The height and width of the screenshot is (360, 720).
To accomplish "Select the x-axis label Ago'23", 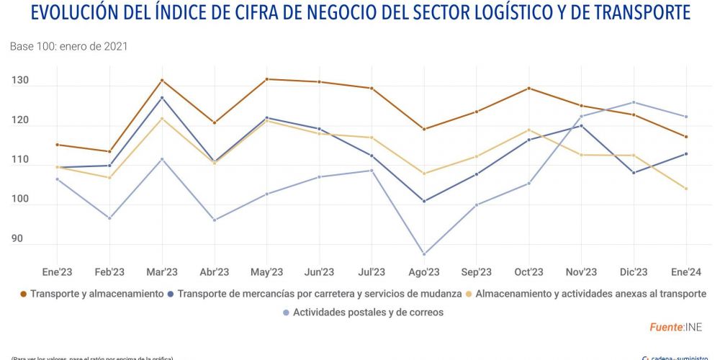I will pos(424,272).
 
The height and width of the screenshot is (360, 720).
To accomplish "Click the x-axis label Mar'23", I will pos(162,272).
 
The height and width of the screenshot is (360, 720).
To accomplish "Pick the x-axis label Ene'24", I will pos(686,272).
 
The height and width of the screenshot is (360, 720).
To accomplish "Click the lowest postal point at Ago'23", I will pos(424,254).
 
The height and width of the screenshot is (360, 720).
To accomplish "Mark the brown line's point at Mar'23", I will pos(162,80).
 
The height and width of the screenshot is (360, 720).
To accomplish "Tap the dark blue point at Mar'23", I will pos(162,98).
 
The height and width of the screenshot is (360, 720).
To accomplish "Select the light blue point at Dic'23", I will pos(634,102).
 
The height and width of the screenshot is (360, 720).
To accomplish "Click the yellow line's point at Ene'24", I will pos(686,189).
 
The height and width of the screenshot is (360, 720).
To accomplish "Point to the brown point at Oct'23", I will pos(529,89).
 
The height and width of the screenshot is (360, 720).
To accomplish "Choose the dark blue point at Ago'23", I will pos(424,201).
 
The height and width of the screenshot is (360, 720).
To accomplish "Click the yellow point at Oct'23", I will pos(529,130).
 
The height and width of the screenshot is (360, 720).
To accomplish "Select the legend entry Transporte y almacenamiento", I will pos(97,294).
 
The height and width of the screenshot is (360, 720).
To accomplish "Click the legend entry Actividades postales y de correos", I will pos(367,312).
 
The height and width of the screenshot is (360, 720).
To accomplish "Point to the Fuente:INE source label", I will pos(680,327).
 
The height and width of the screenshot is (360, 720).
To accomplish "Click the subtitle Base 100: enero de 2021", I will pos(68,46).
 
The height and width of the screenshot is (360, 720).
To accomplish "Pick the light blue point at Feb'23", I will pos(109,218).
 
